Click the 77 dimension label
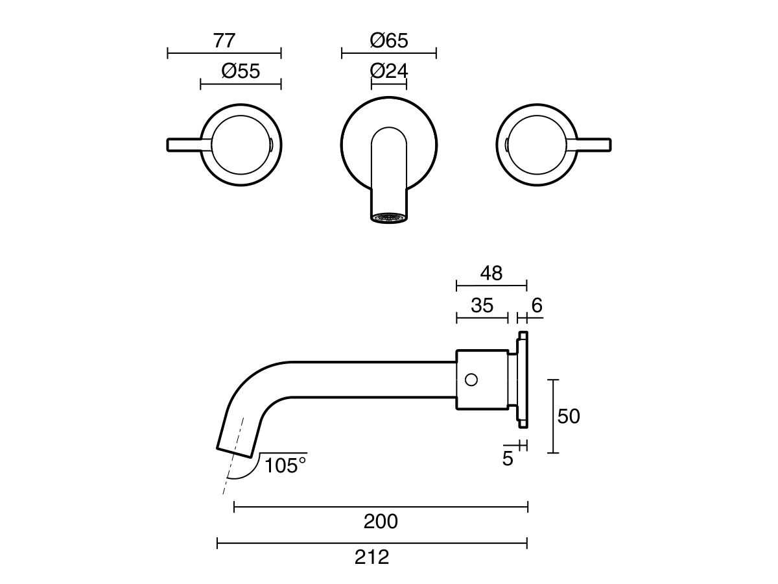224,41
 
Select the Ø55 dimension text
241,71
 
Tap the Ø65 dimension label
389,41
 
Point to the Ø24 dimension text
389,71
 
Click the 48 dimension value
491,273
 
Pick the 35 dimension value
482,305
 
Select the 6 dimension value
536,305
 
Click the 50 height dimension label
569,416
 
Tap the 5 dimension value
508,458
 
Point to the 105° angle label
285,465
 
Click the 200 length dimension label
381,521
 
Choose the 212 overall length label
372,557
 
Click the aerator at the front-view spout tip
389,217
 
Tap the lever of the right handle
593,144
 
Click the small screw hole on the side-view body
471,379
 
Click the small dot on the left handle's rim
270,144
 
